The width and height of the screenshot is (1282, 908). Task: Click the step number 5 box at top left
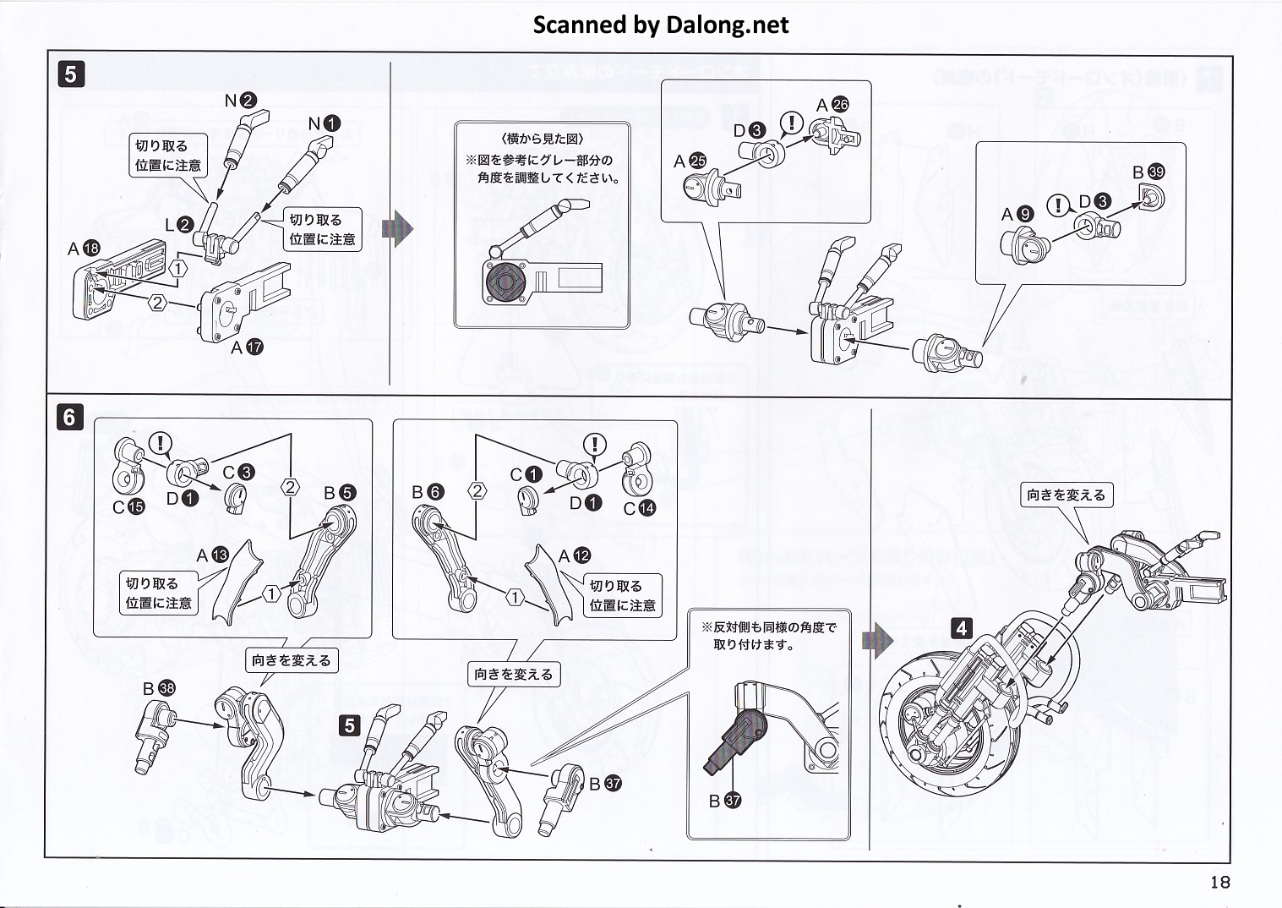70,75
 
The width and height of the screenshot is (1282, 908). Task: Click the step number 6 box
70,417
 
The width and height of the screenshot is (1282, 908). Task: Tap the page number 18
1219,883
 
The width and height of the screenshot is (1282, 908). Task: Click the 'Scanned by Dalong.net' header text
660,25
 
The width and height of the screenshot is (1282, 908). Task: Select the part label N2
239,101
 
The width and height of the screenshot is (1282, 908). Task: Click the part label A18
84,249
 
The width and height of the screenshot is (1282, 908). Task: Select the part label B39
1149,172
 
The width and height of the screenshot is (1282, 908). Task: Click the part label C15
128,507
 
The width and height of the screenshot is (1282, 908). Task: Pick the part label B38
158,689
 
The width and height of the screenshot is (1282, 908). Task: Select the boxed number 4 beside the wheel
961,628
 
